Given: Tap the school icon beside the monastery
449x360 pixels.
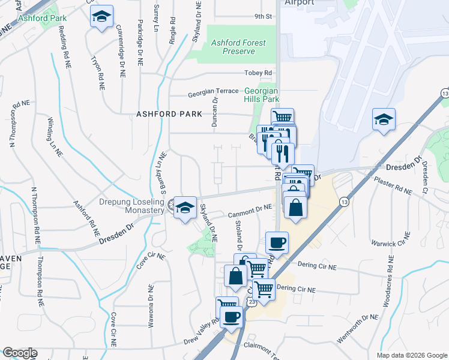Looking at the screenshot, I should click(185, 208).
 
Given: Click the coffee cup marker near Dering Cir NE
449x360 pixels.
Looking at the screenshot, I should click(277, 242).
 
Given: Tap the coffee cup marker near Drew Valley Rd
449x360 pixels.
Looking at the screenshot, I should click(231, 316).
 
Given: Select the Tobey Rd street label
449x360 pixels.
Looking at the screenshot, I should click(259, 73).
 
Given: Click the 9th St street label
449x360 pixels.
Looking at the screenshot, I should click(263, 17).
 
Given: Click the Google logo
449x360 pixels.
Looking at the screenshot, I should click(20, 353).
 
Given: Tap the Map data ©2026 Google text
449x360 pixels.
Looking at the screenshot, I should click(411, 355).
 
